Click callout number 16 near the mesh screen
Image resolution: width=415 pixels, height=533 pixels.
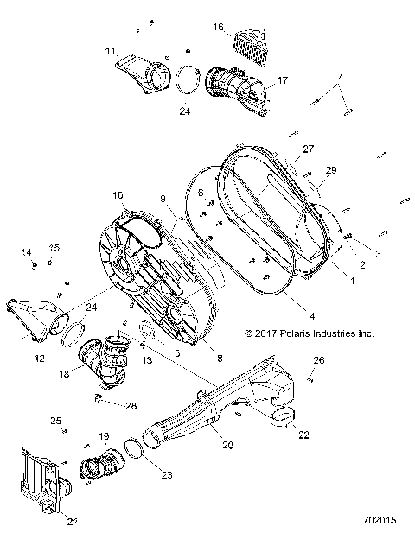pyautogui.click(x=219, y=27)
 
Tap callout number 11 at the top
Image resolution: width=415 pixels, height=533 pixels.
pyautogui.click(x=110, y=52)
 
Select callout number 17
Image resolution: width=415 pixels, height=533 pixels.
pyautogui.click(x=282, y=81)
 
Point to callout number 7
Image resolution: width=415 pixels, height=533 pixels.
pyautogui.click(x=340, y=76)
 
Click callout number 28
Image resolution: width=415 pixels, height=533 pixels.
pyautogui.click(x=131, y=405)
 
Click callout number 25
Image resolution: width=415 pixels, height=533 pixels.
pyautogui.click(x=56, y=421)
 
